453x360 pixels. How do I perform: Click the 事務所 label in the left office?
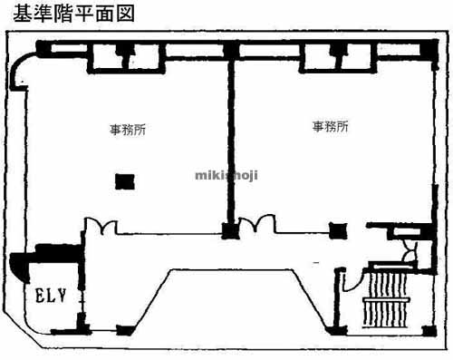[x=127, y=130]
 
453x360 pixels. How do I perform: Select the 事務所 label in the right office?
[x=331, y=127]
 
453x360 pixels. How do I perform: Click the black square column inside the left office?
[x=122, y=181]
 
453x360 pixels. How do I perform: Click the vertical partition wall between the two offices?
[x=230, y=136]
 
